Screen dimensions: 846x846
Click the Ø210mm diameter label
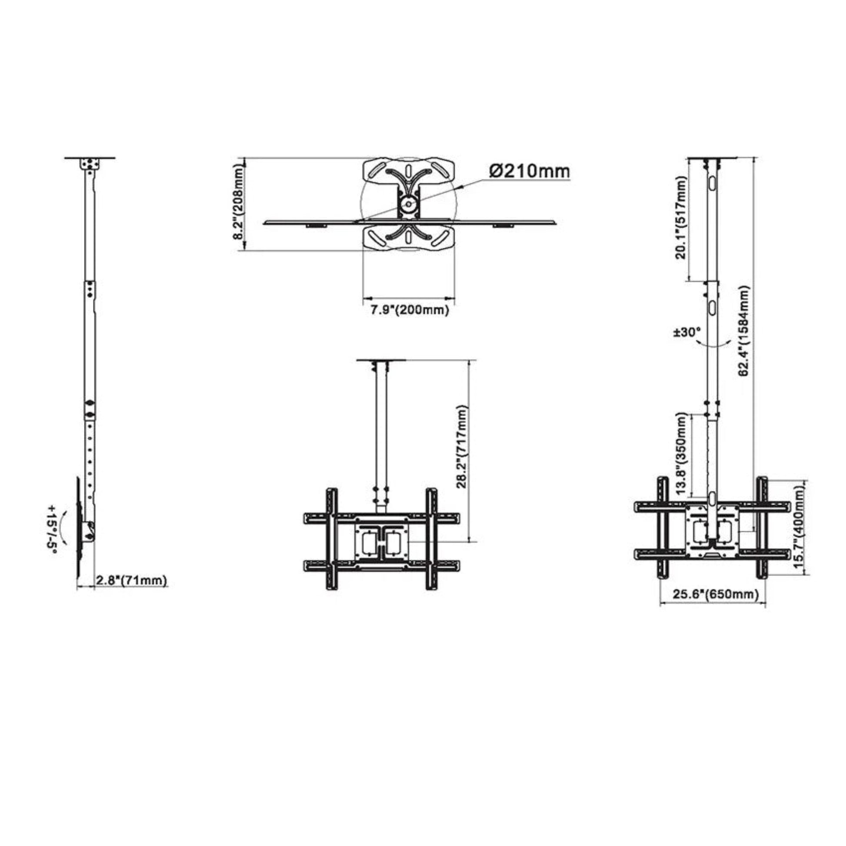point(530,171)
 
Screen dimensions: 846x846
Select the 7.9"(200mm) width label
point(410,310)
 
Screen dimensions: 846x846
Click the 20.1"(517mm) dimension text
point(680,218)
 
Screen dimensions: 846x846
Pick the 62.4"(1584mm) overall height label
point(744,331)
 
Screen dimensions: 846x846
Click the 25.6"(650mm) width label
point(713,594)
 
